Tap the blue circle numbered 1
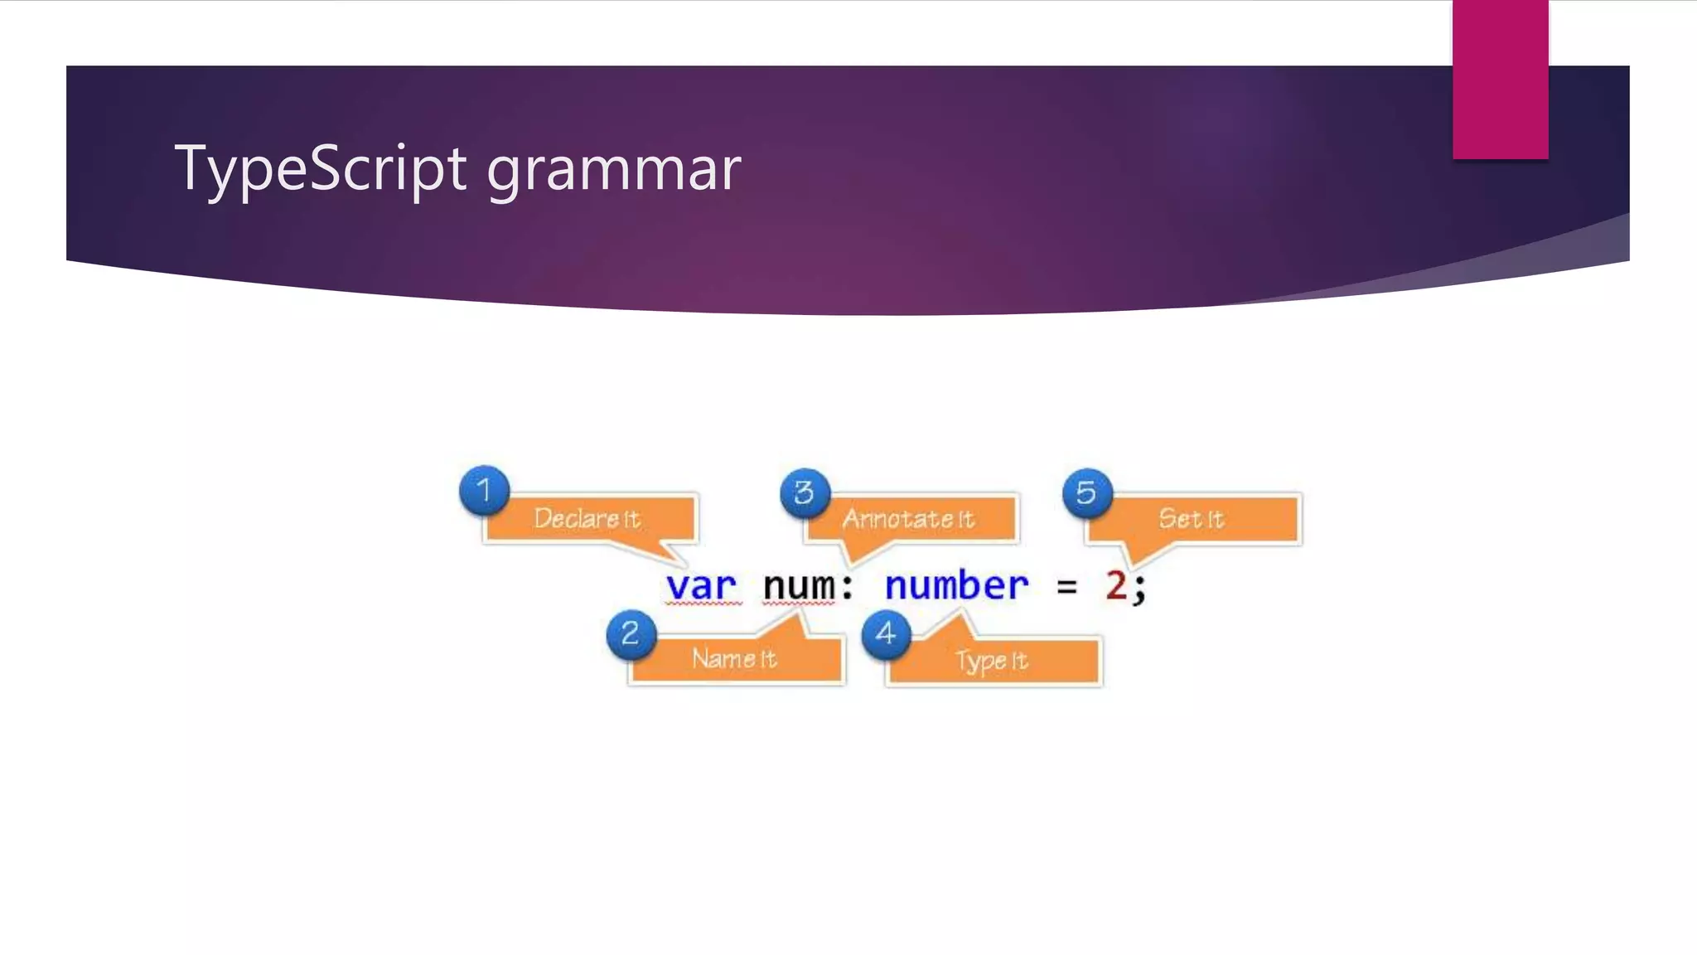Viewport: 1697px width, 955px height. click(485, 490)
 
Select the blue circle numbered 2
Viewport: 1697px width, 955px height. click(631, 634)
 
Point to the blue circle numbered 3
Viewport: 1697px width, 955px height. click(804, 493)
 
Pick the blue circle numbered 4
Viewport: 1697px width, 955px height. click(886, 634)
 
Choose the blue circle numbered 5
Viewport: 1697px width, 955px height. click(1086, 493)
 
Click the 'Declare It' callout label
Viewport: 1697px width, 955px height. click(587, 519)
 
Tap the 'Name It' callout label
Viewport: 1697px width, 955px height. click(734, 659)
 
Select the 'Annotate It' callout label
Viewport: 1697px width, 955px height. click(909, 519)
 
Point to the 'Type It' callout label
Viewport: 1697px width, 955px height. click(992, 661)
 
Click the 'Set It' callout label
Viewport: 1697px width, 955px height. click(1192, 519)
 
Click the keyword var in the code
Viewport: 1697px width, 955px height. click(701, 586)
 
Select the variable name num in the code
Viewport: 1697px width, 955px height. click(799, 586)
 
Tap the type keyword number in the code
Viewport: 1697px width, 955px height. click(956, 586)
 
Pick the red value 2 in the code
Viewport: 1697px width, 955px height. click(1116, 586)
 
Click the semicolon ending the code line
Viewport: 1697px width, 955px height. click(1140, 589)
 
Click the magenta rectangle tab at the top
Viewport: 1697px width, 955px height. click(1500, 79)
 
